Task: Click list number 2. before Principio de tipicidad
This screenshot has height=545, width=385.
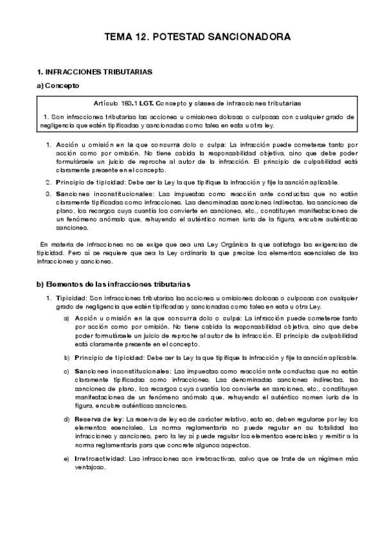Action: point(48,183)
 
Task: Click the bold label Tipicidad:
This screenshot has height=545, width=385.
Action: point(67,298)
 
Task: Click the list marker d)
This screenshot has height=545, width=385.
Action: point(67,419)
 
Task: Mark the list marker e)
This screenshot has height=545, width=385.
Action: point(67,459)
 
